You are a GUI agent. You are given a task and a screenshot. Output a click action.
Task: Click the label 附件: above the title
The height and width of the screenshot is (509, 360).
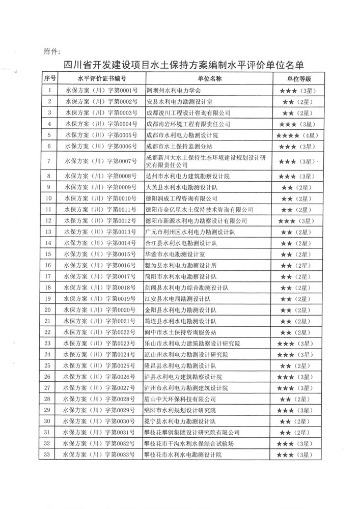coord(52,51)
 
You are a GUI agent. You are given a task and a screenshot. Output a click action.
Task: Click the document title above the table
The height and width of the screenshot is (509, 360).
coord(183,65)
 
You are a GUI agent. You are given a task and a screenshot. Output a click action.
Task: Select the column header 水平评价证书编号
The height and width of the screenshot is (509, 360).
coord(101,79)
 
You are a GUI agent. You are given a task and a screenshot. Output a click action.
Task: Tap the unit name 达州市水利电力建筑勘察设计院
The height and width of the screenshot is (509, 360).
coord(188,176)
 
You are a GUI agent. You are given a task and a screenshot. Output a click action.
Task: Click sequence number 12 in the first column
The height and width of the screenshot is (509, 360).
coord(49,220)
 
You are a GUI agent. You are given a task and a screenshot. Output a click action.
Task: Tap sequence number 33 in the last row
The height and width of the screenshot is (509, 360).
coord(49,454)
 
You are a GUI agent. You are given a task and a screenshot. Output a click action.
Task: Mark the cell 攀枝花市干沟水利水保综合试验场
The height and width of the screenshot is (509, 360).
coord(190,443)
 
